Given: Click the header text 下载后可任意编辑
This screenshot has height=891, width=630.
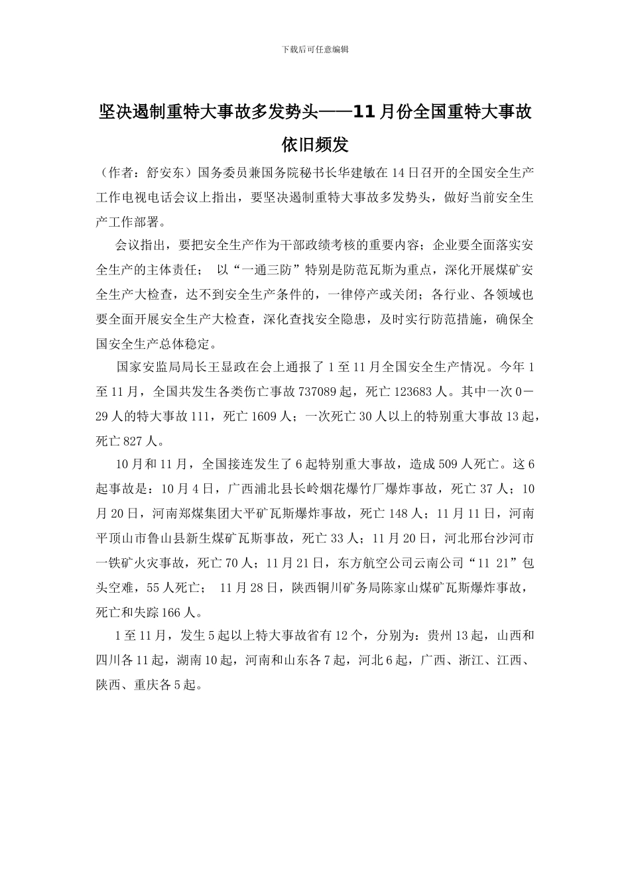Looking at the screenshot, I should (x=315, y=49).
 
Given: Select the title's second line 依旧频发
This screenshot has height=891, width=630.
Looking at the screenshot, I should (x=315, y=144).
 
